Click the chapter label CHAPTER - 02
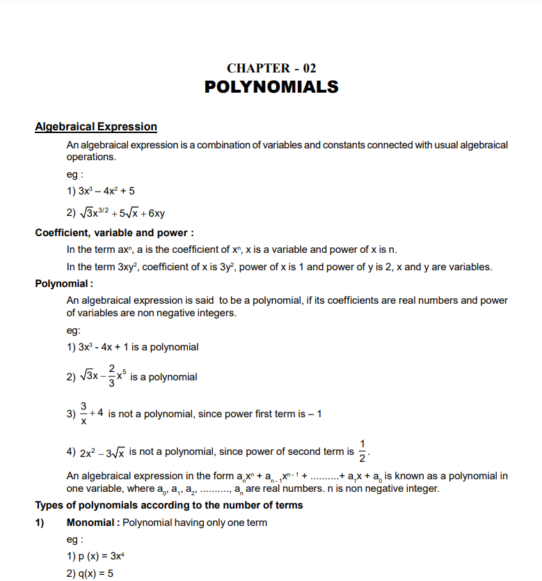click(x=271, y=68)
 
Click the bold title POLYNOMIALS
click(x=271, y=87)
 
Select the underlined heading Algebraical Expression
click(x=96, y=127)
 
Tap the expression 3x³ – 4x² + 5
click(x=101, y=191)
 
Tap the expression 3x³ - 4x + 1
click(x=106, y=347)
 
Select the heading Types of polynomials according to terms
click(x=169, y=505)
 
